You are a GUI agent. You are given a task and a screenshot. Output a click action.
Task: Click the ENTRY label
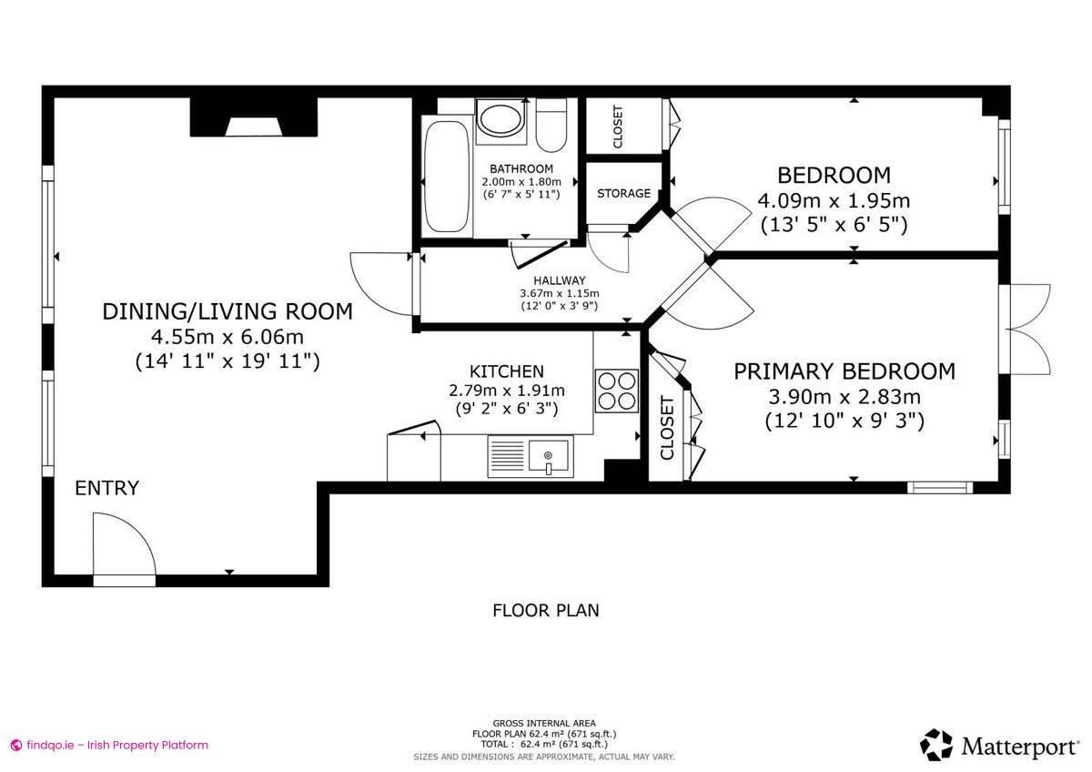[x=106, y=488]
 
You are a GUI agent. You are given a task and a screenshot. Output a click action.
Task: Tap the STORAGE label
[x=623, y=194]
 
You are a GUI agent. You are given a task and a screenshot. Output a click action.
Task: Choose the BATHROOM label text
[x=521, y=169]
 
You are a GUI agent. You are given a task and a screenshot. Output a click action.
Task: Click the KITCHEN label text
[x=507, y=371]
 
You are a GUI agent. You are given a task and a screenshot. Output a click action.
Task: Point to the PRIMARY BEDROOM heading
[x=844, y=371]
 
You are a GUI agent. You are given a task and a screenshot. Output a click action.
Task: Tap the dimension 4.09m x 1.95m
[x=833, y=200]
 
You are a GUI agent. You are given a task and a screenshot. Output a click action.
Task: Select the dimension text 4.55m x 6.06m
[x=227, y=337]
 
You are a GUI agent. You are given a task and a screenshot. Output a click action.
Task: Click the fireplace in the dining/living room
[x=254, y=119]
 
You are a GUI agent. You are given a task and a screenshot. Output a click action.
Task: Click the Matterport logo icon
[x=935, y=744]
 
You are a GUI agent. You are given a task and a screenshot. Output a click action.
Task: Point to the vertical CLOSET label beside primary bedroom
[x=667, y=428]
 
